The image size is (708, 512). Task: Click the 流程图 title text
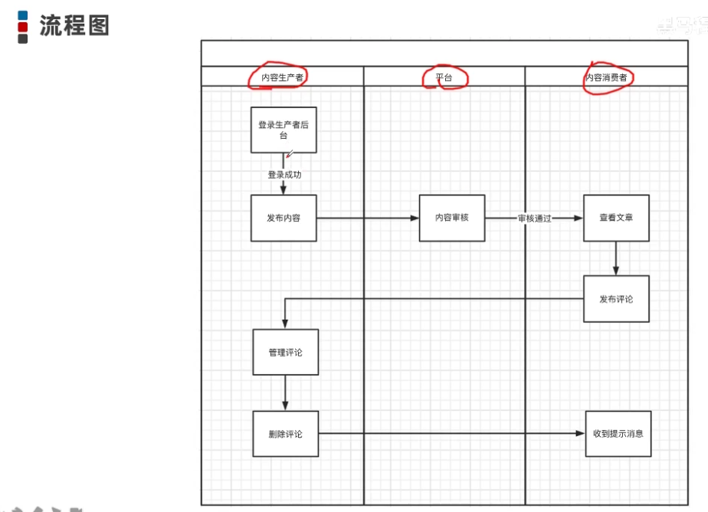[74, 25]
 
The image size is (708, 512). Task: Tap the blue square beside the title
[23, 15]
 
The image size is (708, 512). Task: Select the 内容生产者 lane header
[282, 77]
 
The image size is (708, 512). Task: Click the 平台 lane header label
[444, 77]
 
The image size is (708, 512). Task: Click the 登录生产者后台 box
[284, 130]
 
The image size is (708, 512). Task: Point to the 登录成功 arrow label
[284, 175]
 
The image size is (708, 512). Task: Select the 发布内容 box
[284, 218]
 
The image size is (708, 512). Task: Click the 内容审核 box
[451, 218]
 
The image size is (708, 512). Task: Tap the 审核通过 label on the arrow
[534, 218]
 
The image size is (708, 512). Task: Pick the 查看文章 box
[616, 218]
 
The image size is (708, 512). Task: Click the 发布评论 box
[616, 299]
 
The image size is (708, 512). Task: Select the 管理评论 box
[285, 353]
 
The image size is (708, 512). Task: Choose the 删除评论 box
[285, 434]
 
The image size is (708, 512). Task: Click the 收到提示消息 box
[618, 433]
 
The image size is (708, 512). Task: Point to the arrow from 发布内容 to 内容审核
[368, 218]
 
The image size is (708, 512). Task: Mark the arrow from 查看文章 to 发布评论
[616, 258]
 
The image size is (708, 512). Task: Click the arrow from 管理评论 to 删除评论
[285, 392]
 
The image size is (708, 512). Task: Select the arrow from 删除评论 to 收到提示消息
[452, 434]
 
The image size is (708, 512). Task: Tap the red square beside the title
[23, 27]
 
